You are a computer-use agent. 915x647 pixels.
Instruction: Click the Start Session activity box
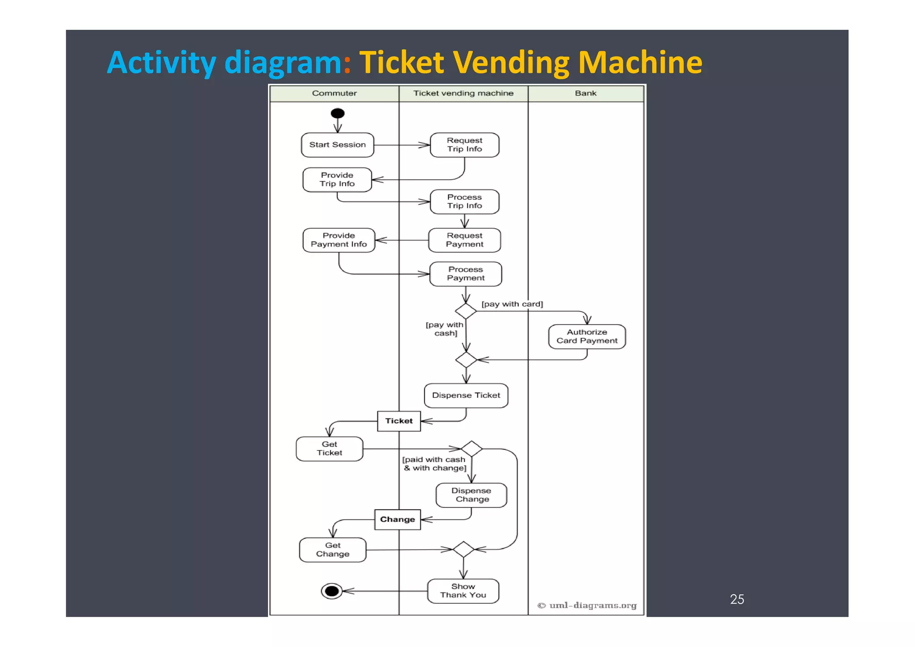pos(337,145)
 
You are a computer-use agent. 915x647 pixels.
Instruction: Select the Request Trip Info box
pos(464,145)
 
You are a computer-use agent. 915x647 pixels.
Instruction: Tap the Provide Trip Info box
pos(337,180)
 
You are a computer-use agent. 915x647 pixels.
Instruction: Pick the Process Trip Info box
pos(464,202)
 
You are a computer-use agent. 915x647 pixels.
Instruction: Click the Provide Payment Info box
pos(339,240)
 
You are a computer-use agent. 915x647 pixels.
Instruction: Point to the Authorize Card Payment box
pos(587,336)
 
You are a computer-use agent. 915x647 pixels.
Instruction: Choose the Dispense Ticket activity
pos(466,395)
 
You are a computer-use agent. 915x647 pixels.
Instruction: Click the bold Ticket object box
pos(399,421)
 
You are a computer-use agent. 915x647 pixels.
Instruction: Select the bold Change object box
pos(397,520)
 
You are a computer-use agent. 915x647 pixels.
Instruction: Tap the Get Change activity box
pos(332,550)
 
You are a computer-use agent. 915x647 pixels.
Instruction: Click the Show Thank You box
pos(463,591)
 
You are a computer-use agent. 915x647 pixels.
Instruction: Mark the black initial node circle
pos(337,113)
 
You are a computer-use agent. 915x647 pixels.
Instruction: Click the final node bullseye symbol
pos(332,591)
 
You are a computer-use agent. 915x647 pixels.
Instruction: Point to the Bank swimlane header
pos(585,93)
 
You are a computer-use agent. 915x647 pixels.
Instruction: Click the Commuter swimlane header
pos(334,93)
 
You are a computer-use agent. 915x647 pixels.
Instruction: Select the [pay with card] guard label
pos(512,304)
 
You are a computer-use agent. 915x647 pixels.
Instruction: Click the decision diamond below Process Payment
pos(466,311)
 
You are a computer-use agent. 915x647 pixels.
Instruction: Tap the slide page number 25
pos(737,599)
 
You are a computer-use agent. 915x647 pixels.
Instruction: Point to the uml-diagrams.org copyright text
pos(587,605)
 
